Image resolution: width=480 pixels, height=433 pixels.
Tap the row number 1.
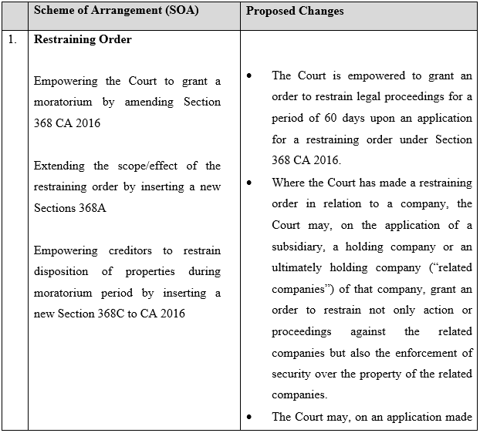click(12, 39)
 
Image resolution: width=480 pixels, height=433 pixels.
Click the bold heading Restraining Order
click(83, 39)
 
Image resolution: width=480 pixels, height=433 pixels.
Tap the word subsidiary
click(297, 247)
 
